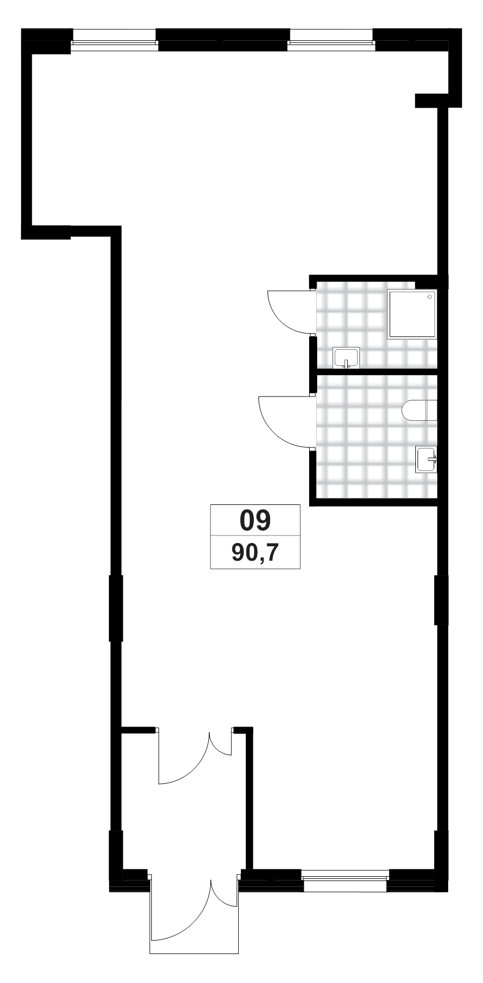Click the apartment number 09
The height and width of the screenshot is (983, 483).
255,520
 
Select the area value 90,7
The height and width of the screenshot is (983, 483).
255,553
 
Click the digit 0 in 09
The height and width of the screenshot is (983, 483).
247,520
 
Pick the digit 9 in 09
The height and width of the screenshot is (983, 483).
263,520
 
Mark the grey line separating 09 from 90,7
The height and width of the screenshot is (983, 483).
255,535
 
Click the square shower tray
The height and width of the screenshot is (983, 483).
411,314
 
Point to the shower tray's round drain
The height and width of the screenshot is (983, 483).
429,297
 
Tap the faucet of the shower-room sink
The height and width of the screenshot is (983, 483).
346,364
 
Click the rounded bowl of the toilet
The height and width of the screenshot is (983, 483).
413,411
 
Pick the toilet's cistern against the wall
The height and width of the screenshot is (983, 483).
431,411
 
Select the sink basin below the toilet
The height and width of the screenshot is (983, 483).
425,459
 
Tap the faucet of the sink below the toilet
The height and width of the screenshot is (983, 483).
434,459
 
